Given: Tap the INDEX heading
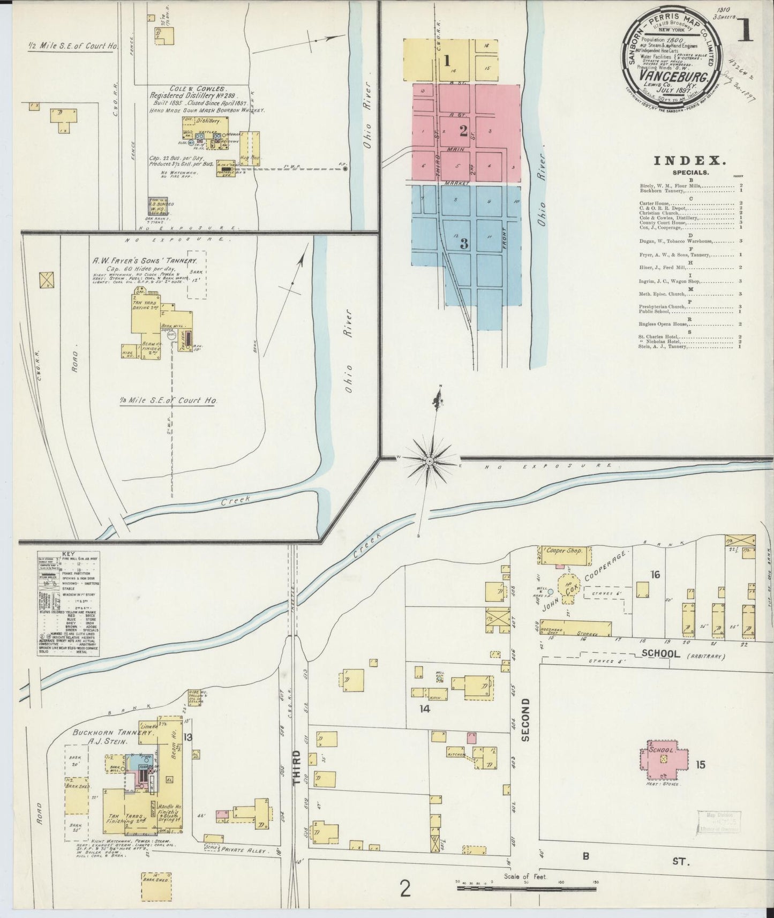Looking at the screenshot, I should coord(689,160).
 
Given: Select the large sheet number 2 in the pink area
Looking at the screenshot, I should coord(463,130).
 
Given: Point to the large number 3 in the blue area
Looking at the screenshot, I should coord(464,243).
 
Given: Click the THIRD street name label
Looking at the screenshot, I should coord(298,766).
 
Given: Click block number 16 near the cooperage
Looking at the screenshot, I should coord(655,575).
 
